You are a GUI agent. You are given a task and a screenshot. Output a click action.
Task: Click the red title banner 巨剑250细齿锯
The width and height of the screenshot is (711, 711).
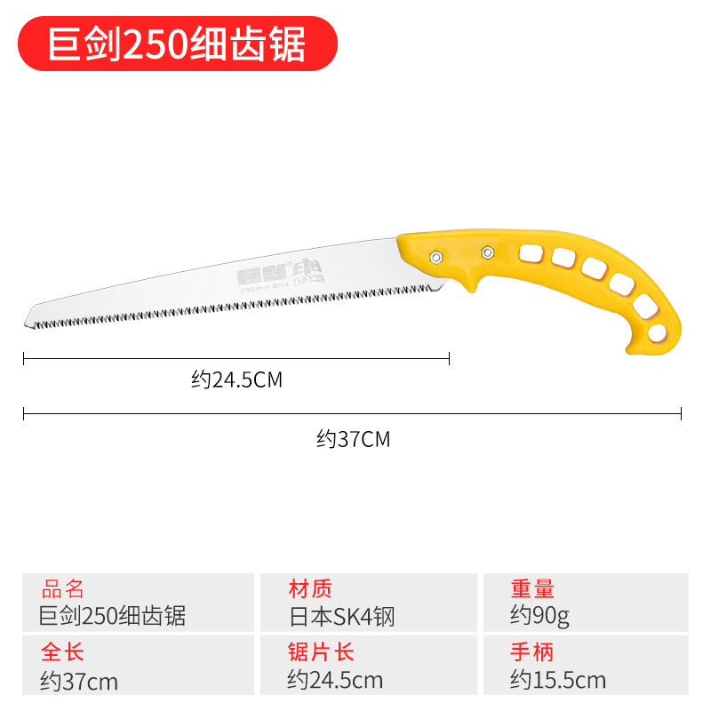tap(178, 44)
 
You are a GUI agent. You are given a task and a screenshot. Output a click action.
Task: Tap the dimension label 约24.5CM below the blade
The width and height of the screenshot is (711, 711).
tap(236, 380)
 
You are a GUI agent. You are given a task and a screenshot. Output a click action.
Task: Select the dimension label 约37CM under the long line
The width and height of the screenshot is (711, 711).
tap(353, 438)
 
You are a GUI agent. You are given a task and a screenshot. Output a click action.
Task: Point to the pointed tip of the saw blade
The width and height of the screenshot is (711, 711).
tap(26, 316)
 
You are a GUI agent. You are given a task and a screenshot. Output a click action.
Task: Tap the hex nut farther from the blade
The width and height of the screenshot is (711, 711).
tap(486, 252)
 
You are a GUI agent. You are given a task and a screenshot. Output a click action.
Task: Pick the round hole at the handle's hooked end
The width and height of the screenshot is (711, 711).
tap(656, 333)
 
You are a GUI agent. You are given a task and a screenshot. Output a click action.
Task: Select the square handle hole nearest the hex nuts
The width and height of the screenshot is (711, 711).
tap(531, 253)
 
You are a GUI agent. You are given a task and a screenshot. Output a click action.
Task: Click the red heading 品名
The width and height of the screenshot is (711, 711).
tap(63, 588)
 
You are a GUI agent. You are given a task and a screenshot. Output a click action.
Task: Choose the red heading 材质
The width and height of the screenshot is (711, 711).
tap(310, 588)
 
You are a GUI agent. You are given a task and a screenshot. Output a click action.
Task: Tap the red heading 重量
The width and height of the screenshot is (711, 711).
tap(532, 588)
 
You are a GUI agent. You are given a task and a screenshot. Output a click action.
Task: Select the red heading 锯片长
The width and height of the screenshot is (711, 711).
tap(321, 651)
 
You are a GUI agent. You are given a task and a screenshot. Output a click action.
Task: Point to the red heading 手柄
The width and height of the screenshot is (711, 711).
tap(532, 651)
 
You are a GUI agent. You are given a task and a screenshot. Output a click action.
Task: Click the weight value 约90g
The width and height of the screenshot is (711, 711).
tap(539, 615)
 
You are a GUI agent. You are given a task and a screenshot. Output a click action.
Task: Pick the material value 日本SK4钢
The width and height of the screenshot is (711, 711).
tap(340, 615)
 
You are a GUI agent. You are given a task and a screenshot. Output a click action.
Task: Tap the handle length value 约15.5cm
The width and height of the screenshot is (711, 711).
tap(557, 681)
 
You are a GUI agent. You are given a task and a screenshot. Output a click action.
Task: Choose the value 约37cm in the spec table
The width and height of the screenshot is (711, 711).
tap(79, 681)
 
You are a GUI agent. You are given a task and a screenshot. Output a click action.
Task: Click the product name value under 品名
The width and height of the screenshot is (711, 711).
tap(113, 615)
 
